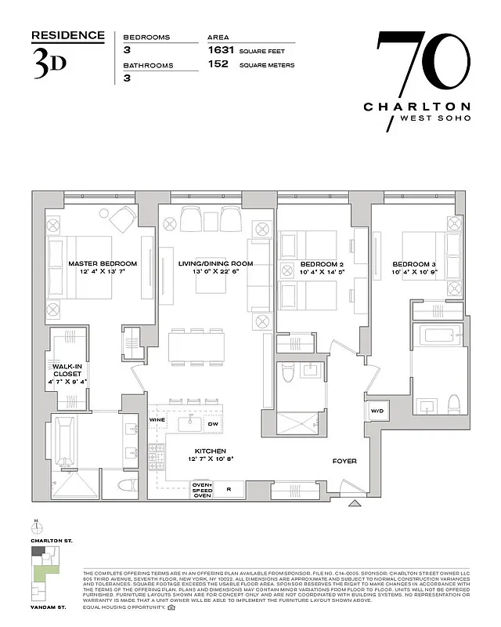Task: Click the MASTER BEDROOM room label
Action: point(102,263)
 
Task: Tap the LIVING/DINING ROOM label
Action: point(215,263)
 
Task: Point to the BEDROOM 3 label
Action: point(415,263)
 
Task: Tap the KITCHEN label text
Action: point(211,451)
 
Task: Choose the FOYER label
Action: point(344,461)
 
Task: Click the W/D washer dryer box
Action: point(376,411)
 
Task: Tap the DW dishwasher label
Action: point(213,424)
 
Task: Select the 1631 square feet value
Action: point(220,49)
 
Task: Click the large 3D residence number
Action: point(49,63)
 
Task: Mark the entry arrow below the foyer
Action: point(355,503)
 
